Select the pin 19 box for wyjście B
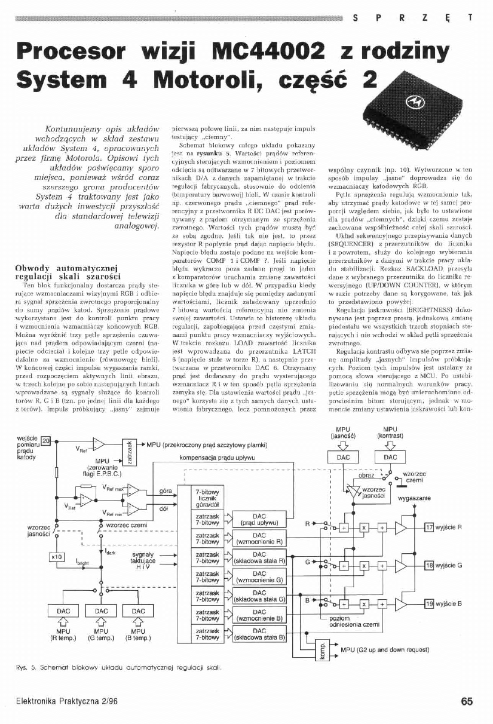(x=428, y=604)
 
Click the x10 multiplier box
(x=57, y=557)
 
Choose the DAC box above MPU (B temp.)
(x=138, y=611)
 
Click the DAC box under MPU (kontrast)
(x=390, y=456)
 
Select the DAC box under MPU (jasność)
(x=343, y=456)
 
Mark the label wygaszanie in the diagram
(x=411, y=498)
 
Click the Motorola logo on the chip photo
(x=412, y=106)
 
